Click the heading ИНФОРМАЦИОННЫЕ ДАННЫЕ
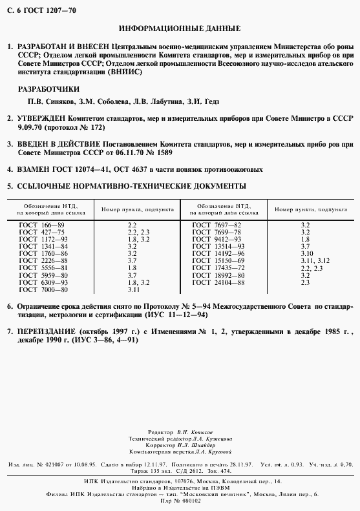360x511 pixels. tap(180, 29)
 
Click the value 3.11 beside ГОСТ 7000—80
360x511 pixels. tap(134, 289)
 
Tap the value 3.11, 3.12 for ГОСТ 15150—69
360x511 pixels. tap(315, 260)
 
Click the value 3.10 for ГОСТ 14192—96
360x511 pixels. tap(306, 253)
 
